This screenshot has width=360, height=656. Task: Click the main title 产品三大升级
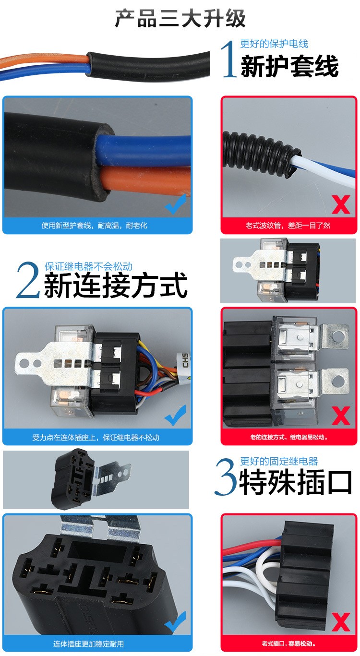point(180,19)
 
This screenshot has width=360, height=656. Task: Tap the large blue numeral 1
point(229,59)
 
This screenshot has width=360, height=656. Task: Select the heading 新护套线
point(289,66)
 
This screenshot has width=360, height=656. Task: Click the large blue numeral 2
point(28,280)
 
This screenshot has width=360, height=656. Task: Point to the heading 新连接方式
point(116,285)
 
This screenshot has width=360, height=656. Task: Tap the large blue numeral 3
point(226,477)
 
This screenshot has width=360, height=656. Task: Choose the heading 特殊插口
point(296,482)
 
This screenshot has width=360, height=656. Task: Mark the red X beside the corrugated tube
point(341,205)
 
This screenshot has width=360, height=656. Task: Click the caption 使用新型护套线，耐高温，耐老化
point(95,226)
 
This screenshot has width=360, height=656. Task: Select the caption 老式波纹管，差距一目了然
point(288,226)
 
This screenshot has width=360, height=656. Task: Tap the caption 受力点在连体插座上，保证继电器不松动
point(96,438)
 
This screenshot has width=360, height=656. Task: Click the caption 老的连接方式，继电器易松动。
point(289,437)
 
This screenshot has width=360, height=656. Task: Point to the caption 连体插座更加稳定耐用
point(88,644)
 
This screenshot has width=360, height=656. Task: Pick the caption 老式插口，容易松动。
point(289,644)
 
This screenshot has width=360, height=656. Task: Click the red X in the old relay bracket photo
point(341,416)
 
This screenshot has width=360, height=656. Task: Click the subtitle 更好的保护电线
point(274,44)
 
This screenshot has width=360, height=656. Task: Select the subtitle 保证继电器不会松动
point(88,266)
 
